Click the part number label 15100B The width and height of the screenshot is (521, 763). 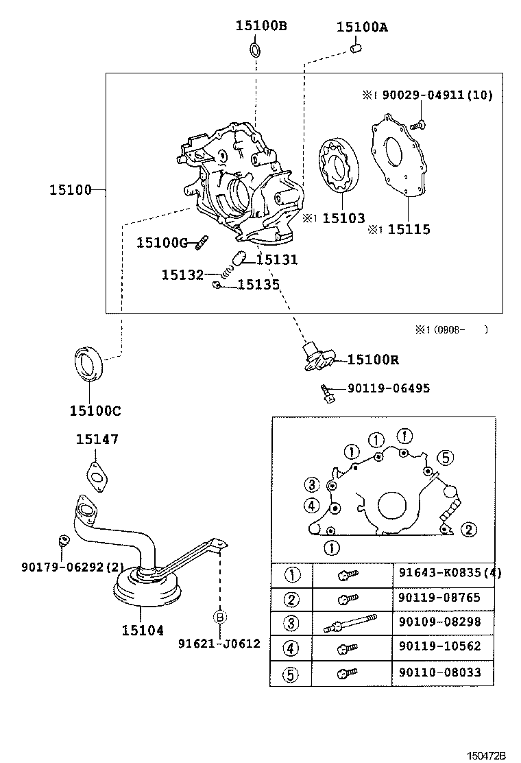(261, 25)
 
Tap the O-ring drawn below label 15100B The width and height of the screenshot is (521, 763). (255, 49)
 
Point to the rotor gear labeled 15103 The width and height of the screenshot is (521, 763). (339, 165)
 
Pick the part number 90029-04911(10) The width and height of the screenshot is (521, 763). (437, 95)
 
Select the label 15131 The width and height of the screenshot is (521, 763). (276, 259)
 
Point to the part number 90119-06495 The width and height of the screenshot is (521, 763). (388, 388)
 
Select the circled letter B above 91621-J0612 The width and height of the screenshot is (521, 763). (219, 617)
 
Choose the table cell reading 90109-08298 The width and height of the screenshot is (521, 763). (440, 622)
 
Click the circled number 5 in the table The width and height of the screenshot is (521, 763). (290, 674)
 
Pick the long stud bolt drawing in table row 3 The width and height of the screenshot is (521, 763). (350, 623)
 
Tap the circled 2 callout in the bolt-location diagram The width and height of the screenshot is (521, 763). (468, 530)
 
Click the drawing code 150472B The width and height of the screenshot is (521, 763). (486, 755)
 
